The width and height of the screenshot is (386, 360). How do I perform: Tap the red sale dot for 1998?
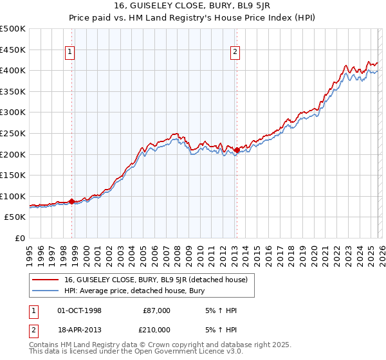pos(71,201)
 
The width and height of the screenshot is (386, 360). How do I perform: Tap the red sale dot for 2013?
pos(237,150)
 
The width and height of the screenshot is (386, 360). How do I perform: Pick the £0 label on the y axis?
pos(21,238)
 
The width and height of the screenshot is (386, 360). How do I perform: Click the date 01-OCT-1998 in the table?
pos(79,310)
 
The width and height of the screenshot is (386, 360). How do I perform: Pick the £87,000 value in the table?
pos(157,310)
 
